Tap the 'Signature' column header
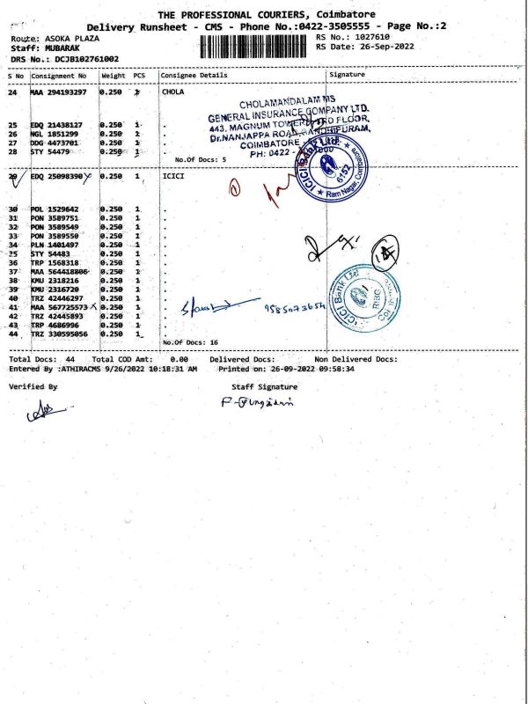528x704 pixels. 346,76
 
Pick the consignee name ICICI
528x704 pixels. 172,176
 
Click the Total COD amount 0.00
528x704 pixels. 180,360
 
